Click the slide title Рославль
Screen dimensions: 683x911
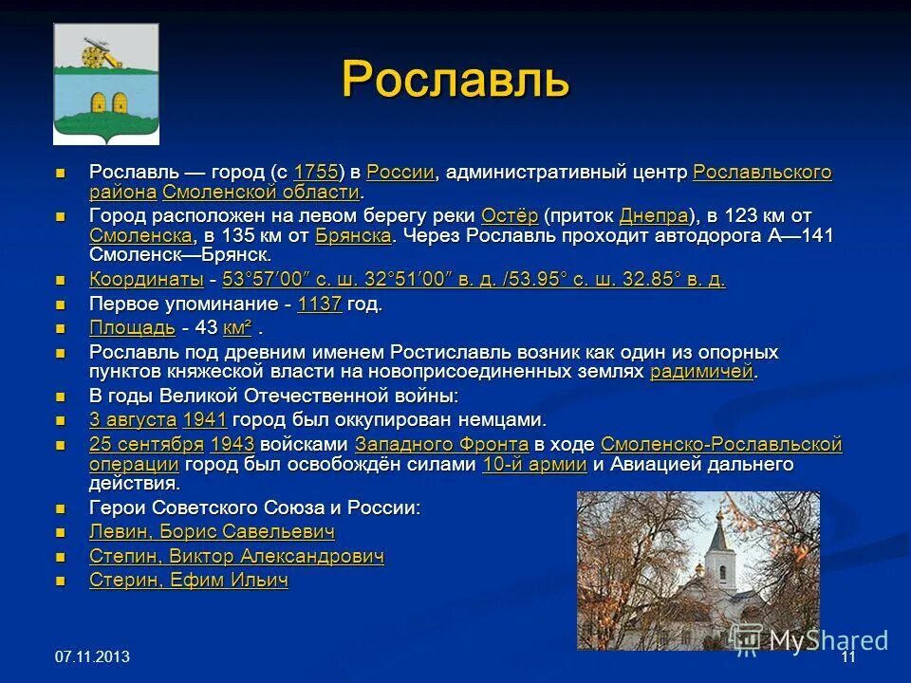455,79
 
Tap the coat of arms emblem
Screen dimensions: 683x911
93,83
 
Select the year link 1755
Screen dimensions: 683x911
316,173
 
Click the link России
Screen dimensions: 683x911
400,173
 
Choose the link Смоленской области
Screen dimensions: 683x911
261,193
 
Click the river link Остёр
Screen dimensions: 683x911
510,215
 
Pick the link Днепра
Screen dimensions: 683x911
653,215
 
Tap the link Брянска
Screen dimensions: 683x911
353,235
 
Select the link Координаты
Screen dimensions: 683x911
146,280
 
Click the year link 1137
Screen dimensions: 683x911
319,305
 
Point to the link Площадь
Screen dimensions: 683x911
132,328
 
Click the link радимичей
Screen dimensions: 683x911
701,372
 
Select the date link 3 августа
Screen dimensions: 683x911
133,419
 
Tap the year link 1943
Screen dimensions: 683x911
232,444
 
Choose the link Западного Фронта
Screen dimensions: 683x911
441,444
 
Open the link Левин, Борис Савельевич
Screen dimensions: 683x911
212,532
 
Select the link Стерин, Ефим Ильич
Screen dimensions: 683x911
189,581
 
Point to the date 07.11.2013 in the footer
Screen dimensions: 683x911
92,657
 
